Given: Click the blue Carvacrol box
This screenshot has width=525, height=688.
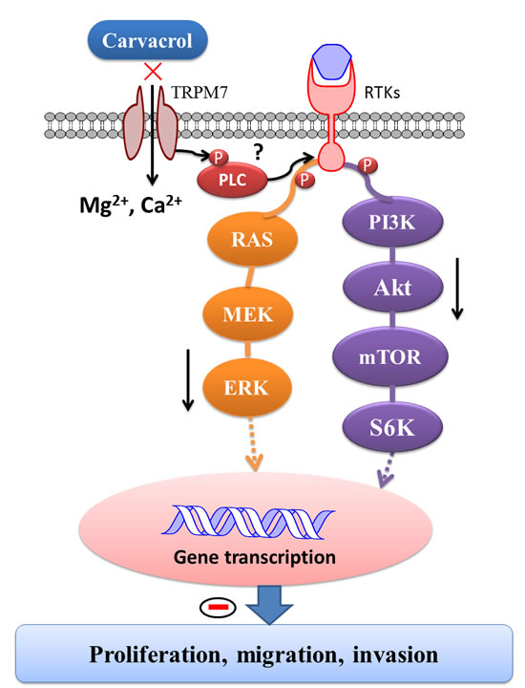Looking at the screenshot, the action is [148, 40].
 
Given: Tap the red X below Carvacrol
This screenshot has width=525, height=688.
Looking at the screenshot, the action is [153, 71].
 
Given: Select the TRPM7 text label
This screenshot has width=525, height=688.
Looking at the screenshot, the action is [199, 93].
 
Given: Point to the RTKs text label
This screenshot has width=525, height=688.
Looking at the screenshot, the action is [382, 93].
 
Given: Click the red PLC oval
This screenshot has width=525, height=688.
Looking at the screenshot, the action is [232, 180].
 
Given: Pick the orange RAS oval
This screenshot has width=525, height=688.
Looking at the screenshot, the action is [252, 240].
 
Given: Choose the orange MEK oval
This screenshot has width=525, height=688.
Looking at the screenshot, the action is [247, 314].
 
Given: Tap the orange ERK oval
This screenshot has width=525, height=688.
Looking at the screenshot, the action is [246, 388].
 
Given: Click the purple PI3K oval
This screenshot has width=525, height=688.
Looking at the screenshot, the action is [391, 223].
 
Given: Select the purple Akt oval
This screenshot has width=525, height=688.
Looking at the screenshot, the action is [392, 289].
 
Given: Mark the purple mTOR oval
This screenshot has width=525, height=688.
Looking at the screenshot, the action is [390, 356].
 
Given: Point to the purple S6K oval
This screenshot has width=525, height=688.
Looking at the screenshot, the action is [392, 427].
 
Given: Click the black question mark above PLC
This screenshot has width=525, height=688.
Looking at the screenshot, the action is [258, 152].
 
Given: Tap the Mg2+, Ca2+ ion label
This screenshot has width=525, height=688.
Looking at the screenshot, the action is [131, 204].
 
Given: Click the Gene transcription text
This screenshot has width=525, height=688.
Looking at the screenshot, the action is [255, 557].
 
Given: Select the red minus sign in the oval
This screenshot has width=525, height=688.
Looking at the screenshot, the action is [218, 608].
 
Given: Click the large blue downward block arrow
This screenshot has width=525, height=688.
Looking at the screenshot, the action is [268, 604].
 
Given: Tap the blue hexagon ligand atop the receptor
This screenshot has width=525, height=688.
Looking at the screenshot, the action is [332, 61].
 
